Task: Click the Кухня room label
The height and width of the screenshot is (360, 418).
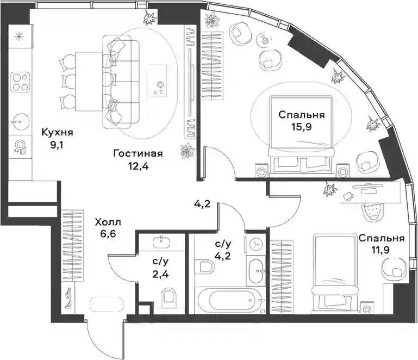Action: coord(57,132)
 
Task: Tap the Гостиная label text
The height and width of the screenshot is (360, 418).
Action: coord(138,153)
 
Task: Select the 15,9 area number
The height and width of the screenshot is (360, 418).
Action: coord(302,127)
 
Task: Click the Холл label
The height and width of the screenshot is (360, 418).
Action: coord(108,222)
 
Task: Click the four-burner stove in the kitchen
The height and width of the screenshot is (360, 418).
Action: coord(20,82)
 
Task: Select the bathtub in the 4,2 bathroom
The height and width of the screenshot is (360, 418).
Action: coord(230,300)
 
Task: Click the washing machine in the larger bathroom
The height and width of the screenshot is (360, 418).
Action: coord(256,244)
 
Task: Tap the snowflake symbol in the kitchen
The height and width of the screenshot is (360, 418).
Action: coord(19,36)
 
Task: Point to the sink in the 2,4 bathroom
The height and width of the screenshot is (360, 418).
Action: coord(162,241)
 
